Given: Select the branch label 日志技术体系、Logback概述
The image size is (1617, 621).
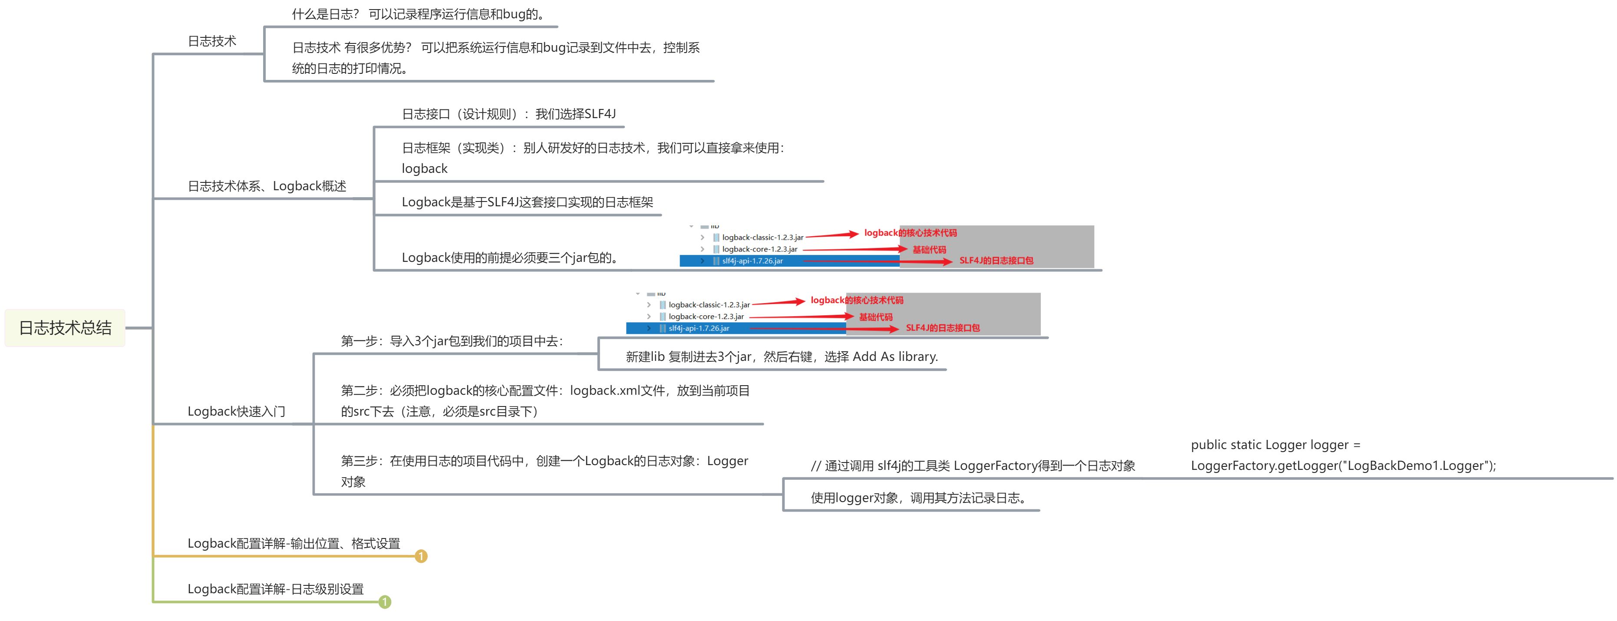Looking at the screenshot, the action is click(267, 186).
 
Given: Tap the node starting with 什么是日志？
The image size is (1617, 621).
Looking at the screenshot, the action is click(419, 14).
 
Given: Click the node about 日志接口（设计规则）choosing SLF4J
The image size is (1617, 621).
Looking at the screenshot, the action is click(508, 114).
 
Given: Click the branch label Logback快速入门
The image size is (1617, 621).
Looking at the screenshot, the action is click(237, 411).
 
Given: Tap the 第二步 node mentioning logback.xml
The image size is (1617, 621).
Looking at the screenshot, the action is click(545, 400).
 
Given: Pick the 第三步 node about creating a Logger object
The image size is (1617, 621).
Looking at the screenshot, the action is click(544, 471).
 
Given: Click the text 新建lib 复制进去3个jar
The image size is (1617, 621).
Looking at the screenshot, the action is click(782, 357).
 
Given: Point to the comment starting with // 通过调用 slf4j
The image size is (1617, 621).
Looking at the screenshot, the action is click(973, 465).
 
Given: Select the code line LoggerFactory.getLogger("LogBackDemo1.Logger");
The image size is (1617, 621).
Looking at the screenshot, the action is click(1343, 465).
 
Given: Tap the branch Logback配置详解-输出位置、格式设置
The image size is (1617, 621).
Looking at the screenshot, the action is click(294, 543).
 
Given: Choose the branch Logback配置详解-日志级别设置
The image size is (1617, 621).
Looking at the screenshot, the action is click(276, 589).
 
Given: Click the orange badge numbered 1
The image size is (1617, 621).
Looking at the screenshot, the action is click(421, 556).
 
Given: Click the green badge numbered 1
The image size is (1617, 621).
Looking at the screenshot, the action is click(385, 602).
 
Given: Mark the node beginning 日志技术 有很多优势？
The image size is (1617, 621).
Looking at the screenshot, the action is click(496, 58).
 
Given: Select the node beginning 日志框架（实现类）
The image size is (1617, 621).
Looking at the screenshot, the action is click(593, 158).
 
